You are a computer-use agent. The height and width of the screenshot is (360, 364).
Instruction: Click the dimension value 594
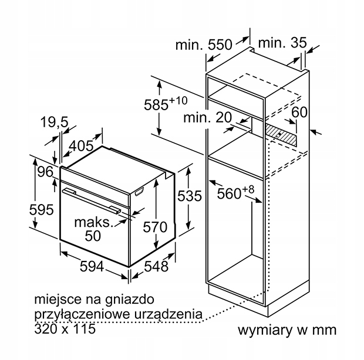(92, 266)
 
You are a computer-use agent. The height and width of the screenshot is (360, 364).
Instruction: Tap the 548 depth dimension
(156, 266)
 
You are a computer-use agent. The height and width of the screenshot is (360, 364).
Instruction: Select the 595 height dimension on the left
(41, 210)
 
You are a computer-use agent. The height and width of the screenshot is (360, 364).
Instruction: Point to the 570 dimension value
(155, 227)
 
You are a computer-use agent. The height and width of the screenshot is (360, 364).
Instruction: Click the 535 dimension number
(190, 196)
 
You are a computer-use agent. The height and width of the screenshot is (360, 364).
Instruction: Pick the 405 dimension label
(81, 146)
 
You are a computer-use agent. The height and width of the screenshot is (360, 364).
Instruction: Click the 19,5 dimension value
(55, 122)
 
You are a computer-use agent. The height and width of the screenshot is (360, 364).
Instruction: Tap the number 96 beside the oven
(46, 172)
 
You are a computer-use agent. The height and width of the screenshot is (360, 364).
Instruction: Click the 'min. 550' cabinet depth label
(204, 45)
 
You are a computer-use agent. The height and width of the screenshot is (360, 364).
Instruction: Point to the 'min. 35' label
(282, 43)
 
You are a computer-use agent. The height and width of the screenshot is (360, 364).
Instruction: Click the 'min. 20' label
(207, 117)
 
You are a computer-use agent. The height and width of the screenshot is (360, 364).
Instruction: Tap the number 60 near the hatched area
(299, 112)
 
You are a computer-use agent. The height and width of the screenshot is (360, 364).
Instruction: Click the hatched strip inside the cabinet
(281, 135)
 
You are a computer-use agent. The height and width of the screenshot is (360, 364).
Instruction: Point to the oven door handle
(92, 200)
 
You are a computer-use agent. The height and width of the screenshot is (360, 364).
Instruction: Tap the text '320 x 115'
(65, 328)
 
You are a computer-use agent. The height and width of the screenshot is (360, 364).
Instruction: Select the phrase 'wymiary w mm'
(287, 330)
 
